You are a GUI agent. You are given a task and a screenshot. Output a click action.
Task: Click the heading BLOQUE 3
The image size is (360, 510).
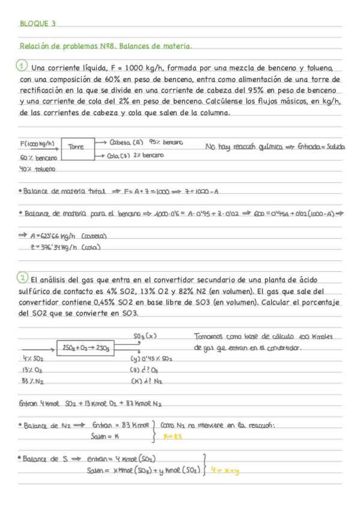pyautogui.click(x=37, y=24)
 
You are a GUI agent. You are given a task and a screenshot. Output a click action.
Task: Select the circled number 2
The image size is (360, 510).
pyautogui.click(x=22, y=278)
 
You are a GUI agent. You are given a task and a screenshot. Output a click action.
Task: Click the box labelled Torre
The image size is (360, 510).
pyautogui.click(x=76, y=146)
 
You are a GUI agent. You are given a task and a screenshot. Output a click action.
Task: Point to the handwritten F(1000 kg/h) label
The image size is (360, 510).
pyautogui.click(x=37, y=144)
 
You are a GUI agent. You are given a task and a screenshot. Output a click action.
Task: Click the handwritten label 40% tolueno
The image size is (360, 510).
pyautogui.click(x=37, y=169)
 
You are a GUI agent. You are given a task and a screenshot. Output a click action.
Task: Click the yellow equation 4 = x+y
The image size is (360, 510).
pyautogui.click(x=225, y=471)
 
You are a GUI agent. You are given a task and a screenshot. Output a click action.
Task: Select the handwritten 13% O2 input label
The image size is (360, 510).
pyautogui.click(x=31, y=370)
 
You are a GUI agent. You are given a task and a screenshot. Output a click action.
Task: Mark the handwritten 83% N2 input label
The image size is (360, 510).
pyautogui.click(x=31, y=381)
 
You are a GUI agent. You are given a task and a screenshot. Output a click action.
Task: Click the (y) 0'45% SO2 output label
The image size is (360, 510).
pyautogui.click(x=151, y=359)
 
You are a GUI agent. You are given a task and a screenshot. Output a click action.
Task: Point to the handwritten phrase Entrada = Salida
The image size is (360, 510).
pyautogui.click(x=320, y=146)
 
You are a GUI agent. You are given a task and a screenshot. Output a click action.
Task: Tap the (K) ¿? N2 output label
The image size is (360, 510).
pyautogui.click(x=147, y=381)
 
